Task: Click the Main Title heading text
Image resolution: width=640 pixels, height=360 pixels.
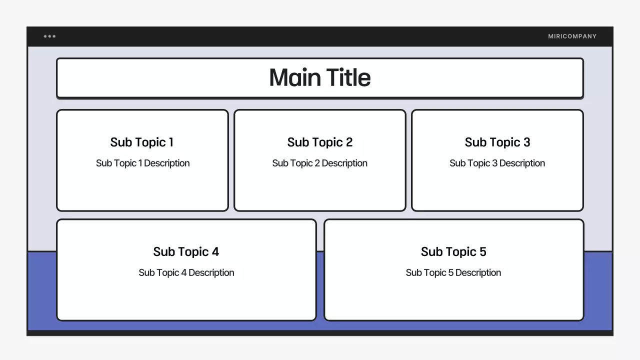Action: tap(320, 77)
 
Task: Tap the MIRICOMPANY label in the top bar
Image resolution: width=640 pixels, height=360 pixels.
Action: tap(572, 36)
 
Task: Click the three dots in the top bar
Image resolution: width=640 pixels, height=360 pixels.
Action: tap(49, 36)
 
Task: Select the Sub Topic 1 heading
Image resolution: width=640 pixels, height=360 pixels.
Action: tap(142, 142)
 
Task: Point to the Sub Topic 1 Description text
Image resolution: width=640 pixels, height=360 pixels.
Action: tap(142, 163)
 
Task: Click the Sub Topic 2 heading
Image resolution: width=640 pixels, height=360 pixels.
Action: tap(320, 142)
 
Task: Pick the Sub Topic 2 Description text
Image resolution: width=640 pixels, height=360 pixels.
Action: tap(320, 163)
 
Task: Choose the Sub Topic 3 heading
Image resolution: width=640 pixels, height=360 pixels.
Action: tap(497, 142)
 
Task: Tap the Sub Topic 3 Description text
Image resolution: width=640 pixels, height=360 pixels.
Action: tap(497, 163)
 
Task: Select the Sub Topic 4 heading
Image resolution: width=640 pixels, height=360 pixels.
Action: tap(186, 252)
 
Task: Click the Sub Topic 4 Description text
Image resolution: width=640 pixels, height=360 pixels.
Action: tap(186, 273)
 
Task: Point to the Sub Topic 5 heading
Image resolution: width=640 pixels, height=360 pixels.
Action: tap(453, 252)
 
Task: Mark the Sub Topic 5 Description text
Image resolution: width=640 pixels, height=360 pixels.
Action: tap(453, 273)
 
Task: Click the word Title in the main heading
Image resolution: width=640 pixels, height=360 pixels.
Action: tap(348, 77)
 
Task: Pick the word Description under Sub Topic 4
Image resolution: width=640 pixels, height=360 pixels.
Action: tap(211, 273)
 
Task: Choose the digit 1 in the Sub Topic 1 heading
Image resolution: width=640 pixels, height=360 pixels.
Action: tap(171, 142)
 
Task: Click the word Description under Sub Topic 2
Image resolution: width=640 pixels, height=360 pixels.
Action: tap(344, 163)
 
